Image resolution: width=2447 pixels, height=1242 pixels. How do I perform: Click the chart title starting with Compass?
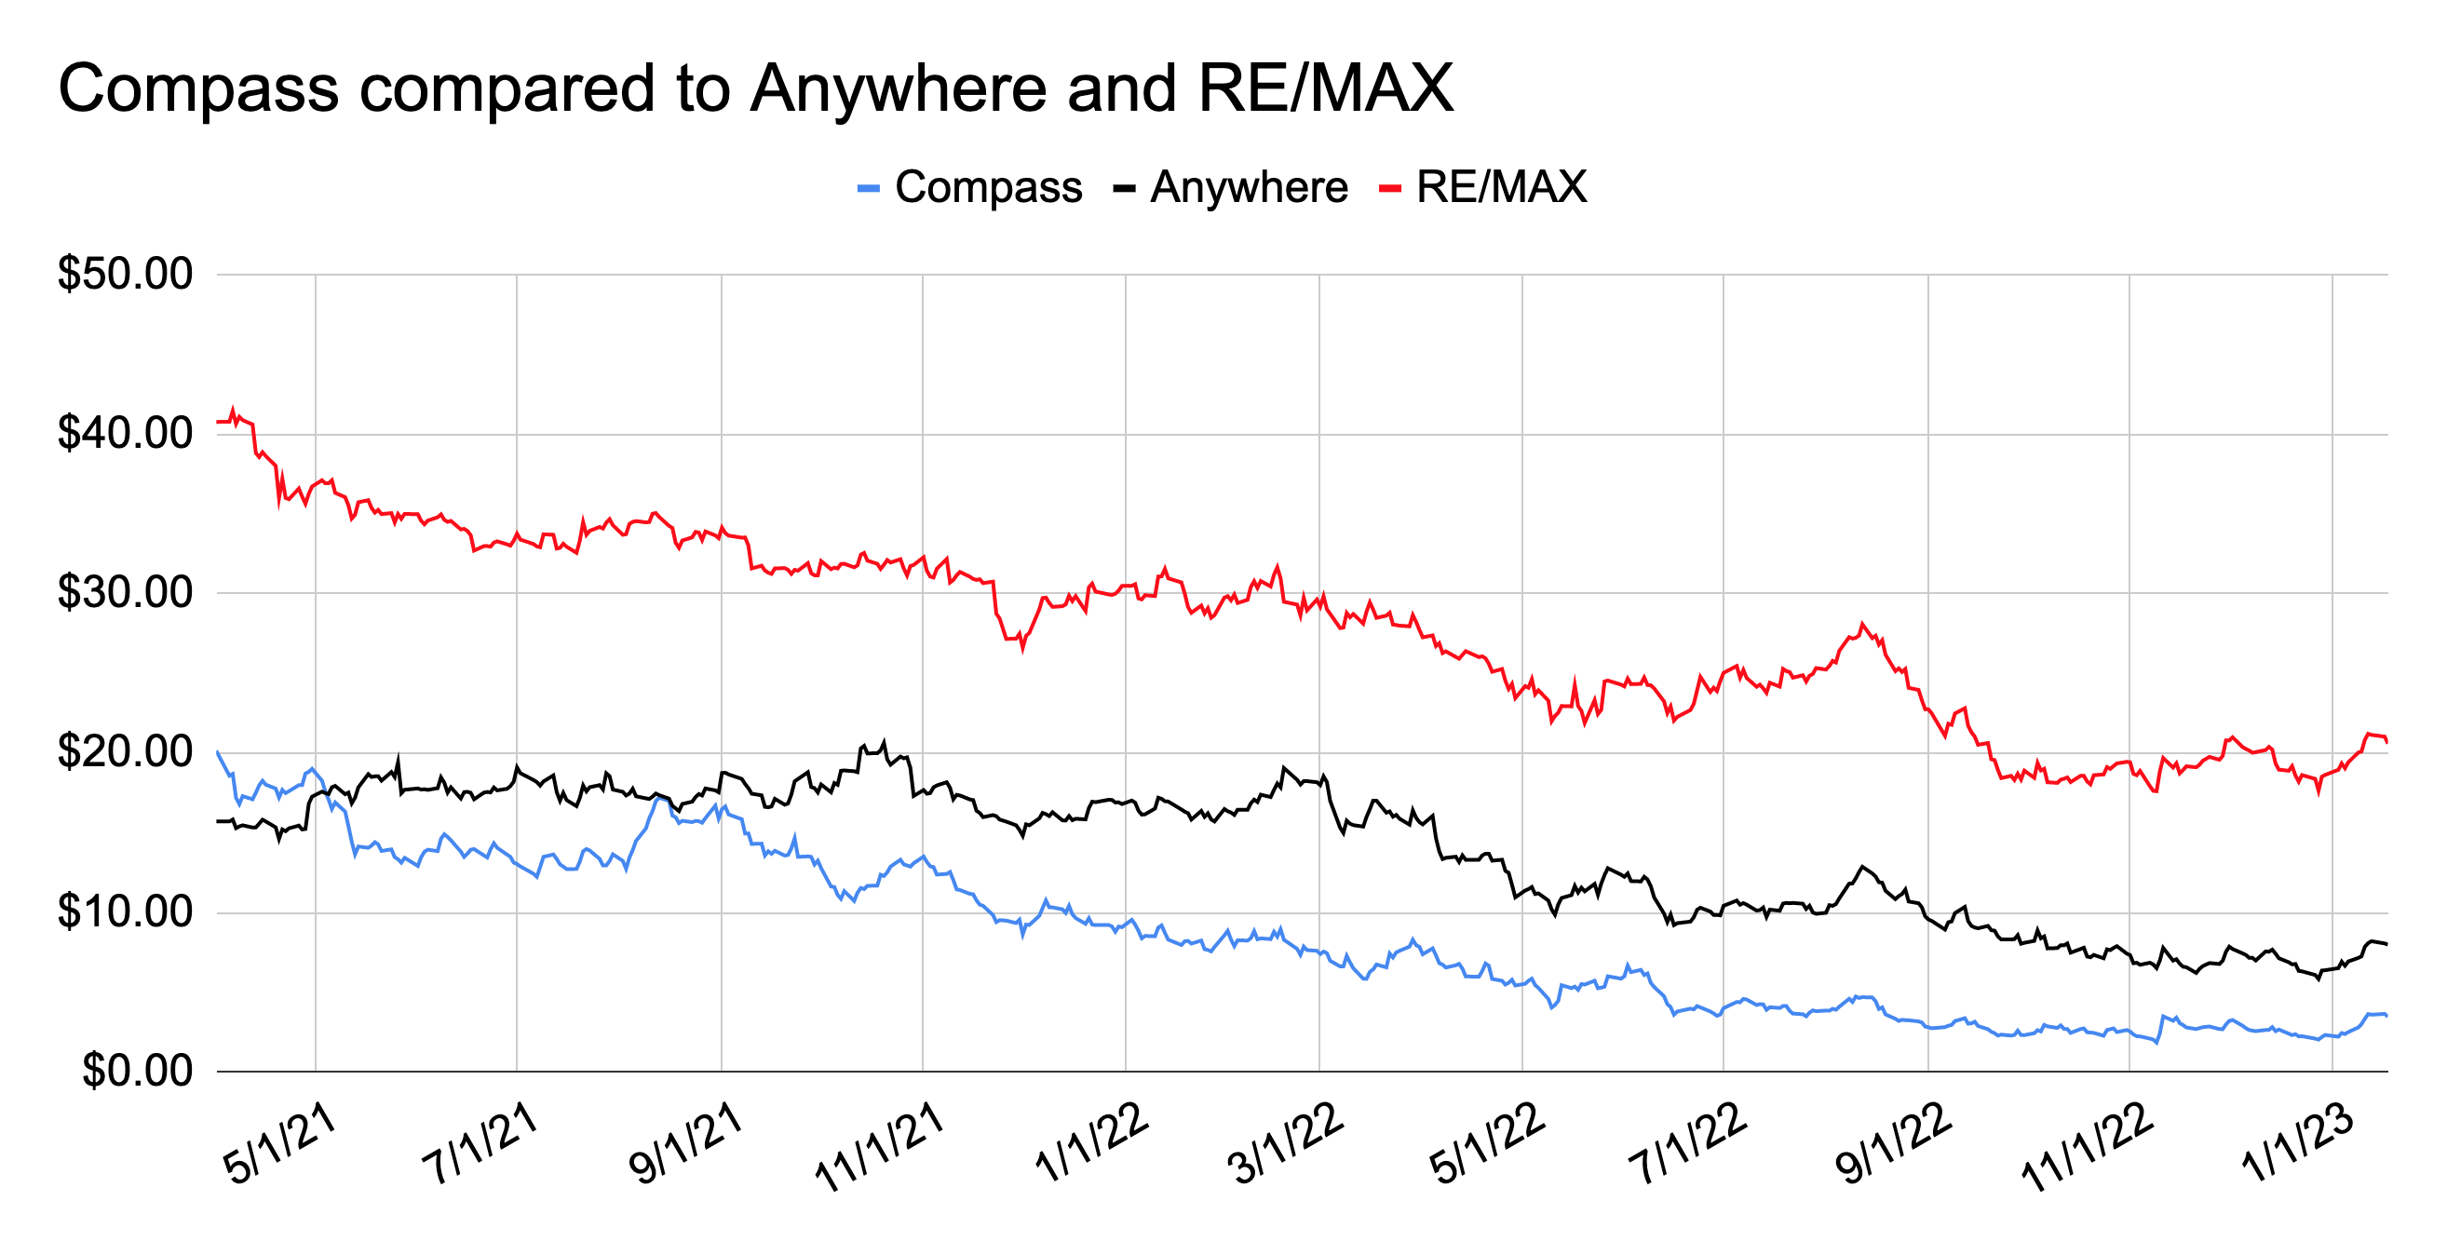coord(755,89)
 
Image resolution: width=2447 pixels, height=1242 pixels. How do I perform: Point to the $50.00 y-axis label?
coord(126,275)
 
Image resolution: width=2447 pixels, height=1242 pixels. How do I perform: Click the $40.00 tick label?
coord(126,434)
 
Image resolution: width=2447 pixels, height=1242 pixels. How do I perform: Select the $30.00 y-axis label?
coord(126,593)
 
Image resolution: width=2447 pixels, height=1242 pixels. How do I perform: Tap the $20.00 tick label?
coord(126,753)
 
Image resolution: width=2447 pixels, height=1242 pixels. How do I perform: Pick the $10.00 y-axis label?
coord(126,912)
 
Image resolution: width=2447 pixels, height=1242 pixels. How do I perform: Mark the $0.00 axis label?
coord(138,1072)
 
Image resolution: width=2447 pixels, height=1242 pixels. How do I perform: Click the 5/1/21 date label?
coord(279,1144)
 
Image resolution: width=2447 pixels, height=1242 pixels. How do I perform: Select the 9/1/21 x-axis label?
coord(685,1144)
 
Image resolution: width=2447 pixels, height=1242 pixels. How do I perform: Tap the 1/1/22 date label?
coord(1091,1144)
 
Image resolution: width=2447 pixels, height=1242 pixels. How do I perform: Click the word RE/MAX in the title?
coord(1325,89)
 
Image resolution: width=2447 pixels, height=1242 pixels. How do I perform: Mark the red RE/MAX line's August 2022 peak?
coord(1863,624)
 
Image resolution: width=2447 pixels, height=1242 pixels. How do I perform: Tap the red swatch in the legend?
coord(1390,189)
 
